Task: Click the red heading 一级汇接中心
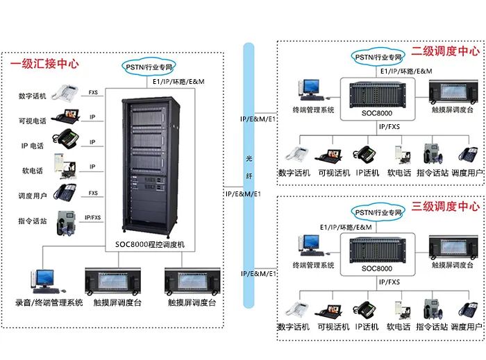point(44,64)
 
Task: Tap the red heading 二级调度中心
point(445,51)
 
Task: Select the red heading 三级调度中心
point(445,207)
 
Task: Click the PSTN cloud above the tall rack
point(150,67)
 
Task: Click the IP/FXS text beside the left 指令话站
point(92,218)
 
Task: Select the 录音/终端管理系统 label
point(49,302)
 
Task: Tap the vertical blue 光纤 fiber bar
point(249,173)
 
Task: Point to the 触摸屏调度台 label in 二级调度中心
point(453,110)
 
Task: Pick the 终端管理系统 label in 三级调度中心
point(313,265)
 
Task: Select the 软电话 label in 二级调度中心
point(399,172)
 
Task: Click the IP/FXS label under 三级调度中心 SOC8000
point(389,282)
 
